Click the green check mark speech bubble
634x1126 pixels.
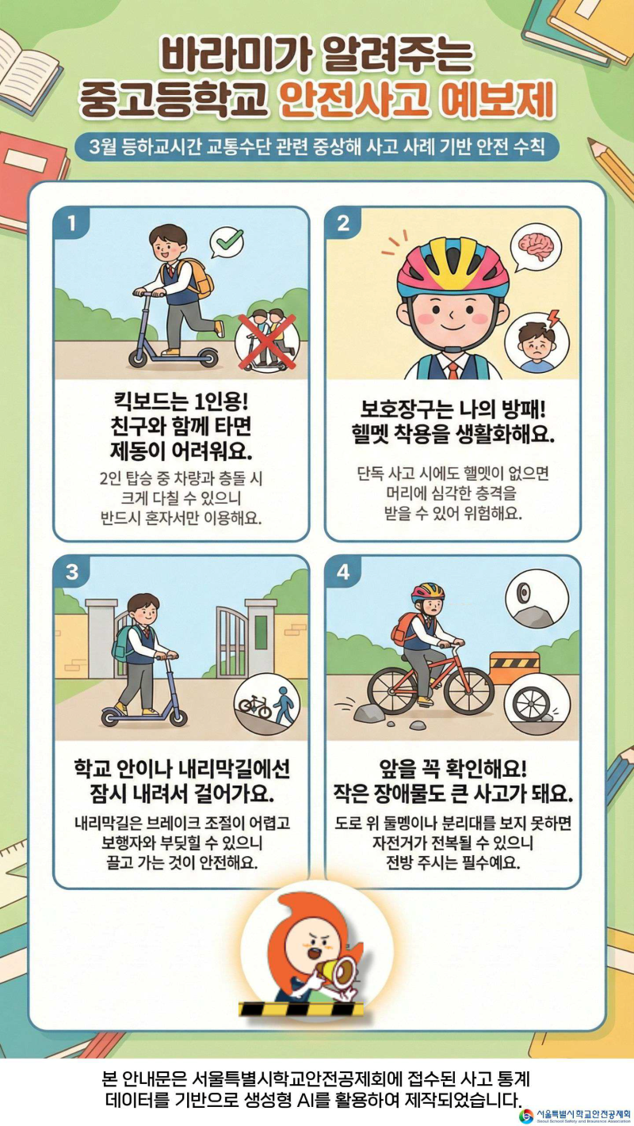[x=227, y=242]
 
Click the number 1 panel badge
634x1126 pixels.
[x=72, y=222]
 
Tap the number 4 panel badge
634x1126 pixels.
[x=343, y=572]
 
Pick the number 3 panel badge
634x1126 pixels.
[x=72, y=572]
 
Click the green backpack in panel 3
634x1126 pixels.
[x=122, y=644]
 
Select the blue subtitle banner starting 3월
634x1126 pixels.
[x=317, y=146]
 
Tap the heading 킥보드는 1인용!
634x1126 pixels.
[x=181, y=401]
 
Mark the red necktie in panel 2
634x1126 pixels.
[x=453, y=370]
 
